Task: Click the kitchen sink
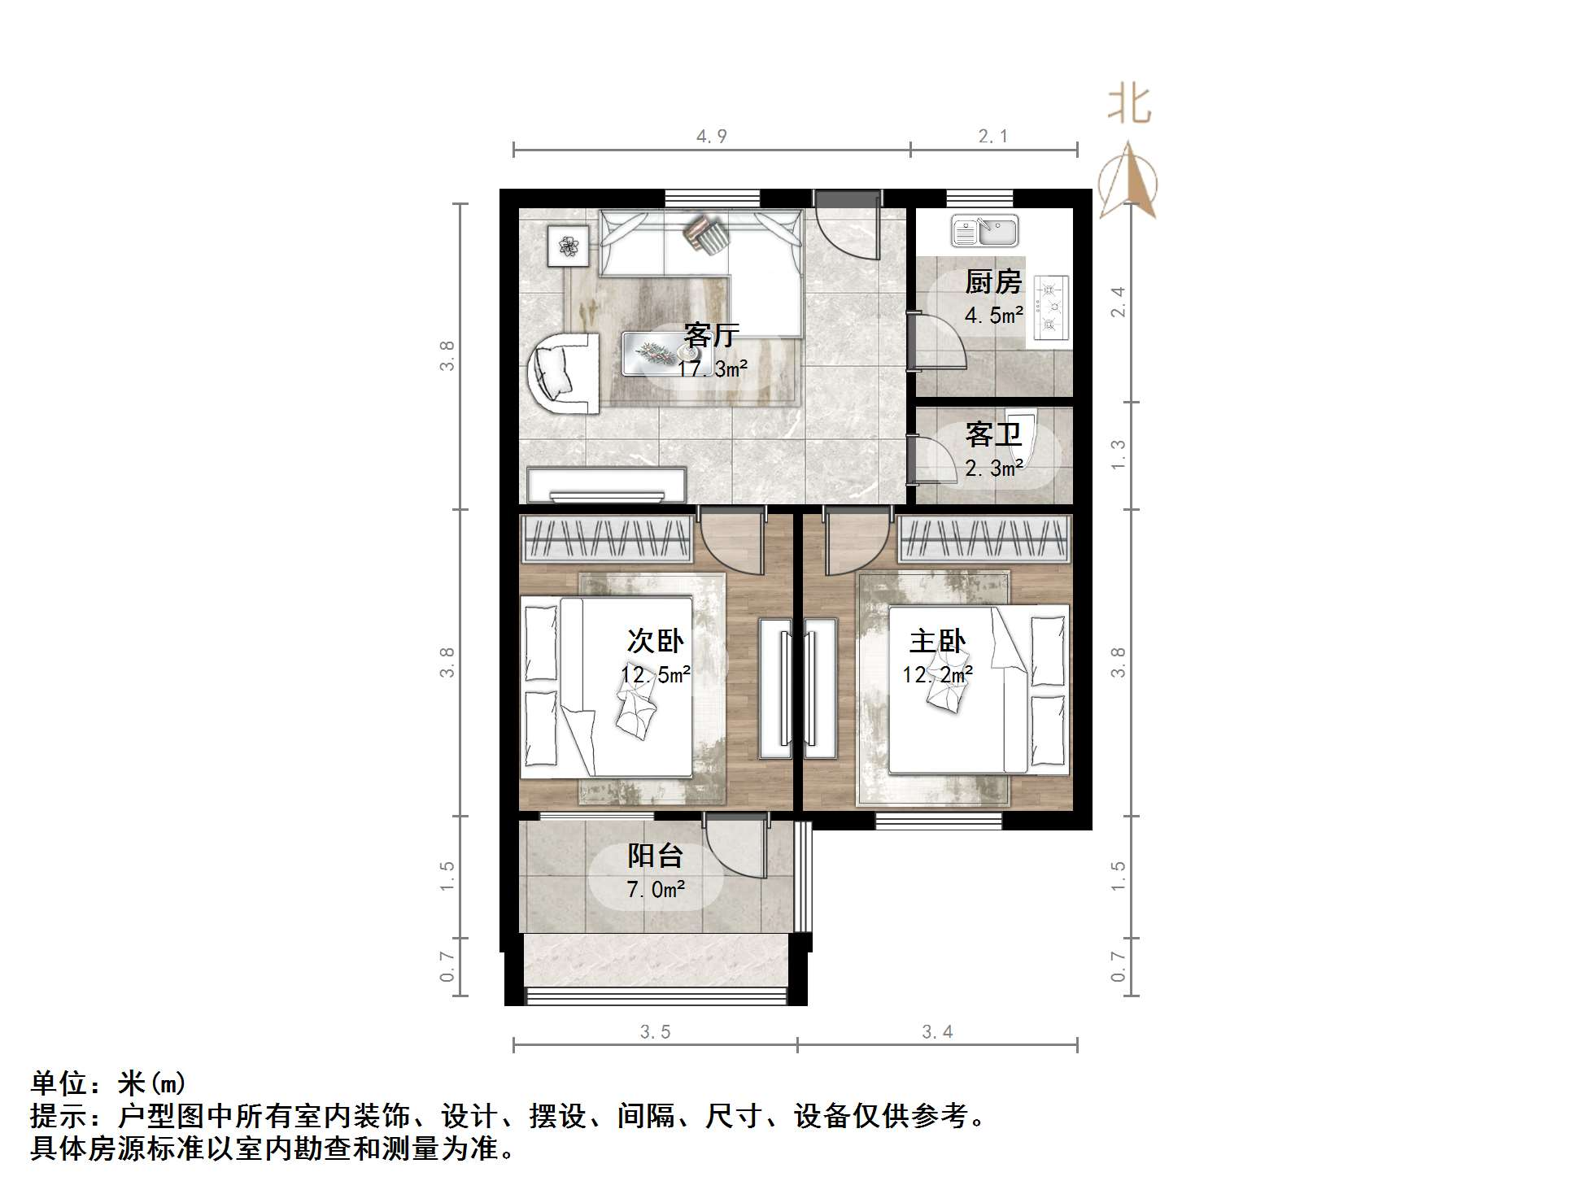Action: [984, 231]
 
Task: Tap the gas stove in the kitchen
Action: [1051, 307]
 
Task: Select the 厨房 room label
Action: [992, 282]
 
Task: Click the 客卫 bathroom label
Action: [992, 435]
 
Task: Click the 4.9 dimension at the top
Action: [711, 137]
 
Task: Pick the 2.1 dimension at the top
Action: [993, 137]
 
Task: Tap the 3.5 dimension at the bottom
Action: [655, 1032]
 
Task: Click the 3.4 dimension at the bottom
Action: [937, 1032]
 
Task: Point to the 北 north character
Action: [1129, 105]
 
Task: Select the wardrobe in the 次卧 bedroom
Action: [606, 538]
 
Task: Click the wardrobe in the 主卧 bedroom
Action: [984, 538]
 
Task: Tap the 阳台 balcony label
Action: [655, 856]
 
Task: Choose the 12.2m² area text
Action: [937, 674]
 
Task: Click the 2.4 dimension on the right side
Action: [1119, 302]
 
